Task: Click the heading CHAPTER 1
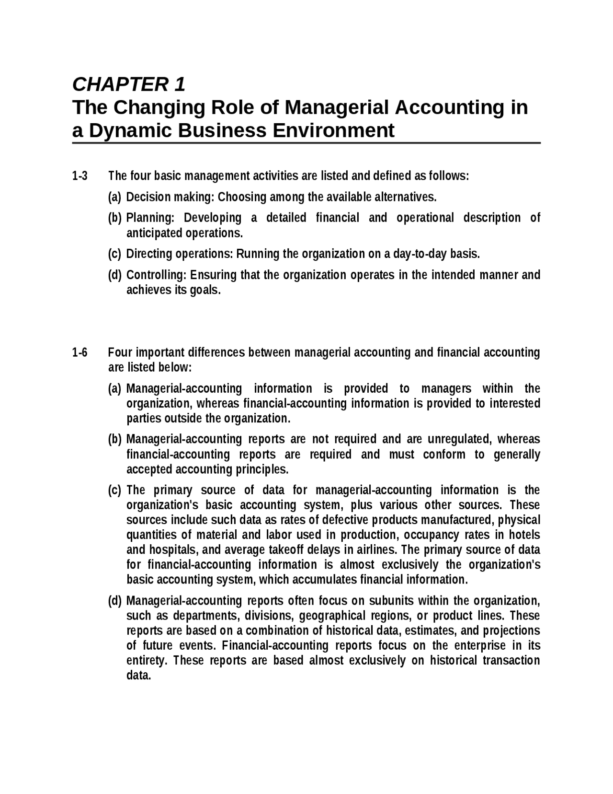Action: point(128,84)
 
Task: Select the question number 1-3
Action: point(80,176)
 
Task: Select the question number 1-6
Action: point(80,353)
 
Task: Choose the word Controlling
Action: point(156,275)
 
